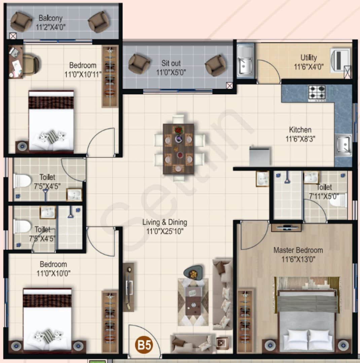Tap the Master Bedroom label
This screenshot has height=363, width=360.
[298, 250]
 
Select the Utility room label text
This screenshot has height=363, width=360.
[309, 57]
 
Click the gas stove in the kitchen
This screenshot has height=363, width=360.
[317, 93]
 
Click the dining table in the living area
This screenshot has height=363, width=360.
[178, 149]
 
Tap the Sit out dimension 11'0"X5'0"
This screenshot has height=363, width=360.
[171, 72]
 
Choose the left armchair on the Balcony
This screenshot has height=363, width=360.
[21, 22]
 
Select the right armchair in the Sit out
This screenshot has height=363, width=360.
[215, 65]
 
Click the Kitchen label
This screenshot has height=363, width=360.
[300, 130]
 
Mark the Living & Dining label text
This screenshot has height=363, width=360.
[165, 222]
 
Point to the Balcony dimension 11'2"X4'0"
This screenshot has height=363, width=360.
[50, 27]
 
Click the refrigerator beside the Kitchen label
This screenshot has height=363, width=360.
[259, 156]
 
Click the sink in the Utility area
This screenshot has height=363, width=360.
[245, 61]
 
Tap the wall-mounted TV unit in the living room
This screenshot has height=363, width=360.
[129, 287]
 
